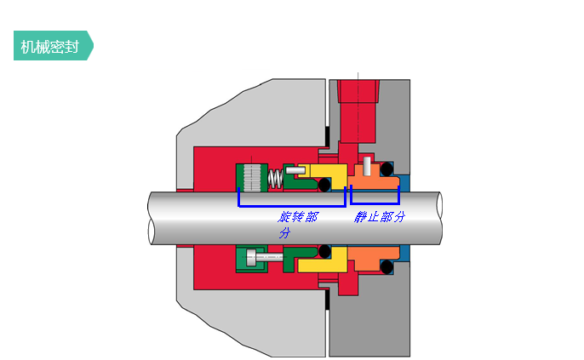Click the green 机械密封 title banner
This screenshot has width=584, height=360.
tap(54, 45)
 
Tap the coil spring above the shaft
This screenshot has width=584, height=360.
tap(276, 179)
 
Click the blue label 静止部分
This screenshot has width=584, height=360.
tap(379, 217)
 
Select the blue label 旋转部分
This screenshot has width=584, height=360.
tap(297, 224)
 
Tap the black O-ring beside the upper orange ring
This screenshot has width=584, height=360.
tap(386, 169)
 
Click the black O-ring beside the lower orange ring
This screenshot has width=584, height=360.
tap(386, 267)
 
